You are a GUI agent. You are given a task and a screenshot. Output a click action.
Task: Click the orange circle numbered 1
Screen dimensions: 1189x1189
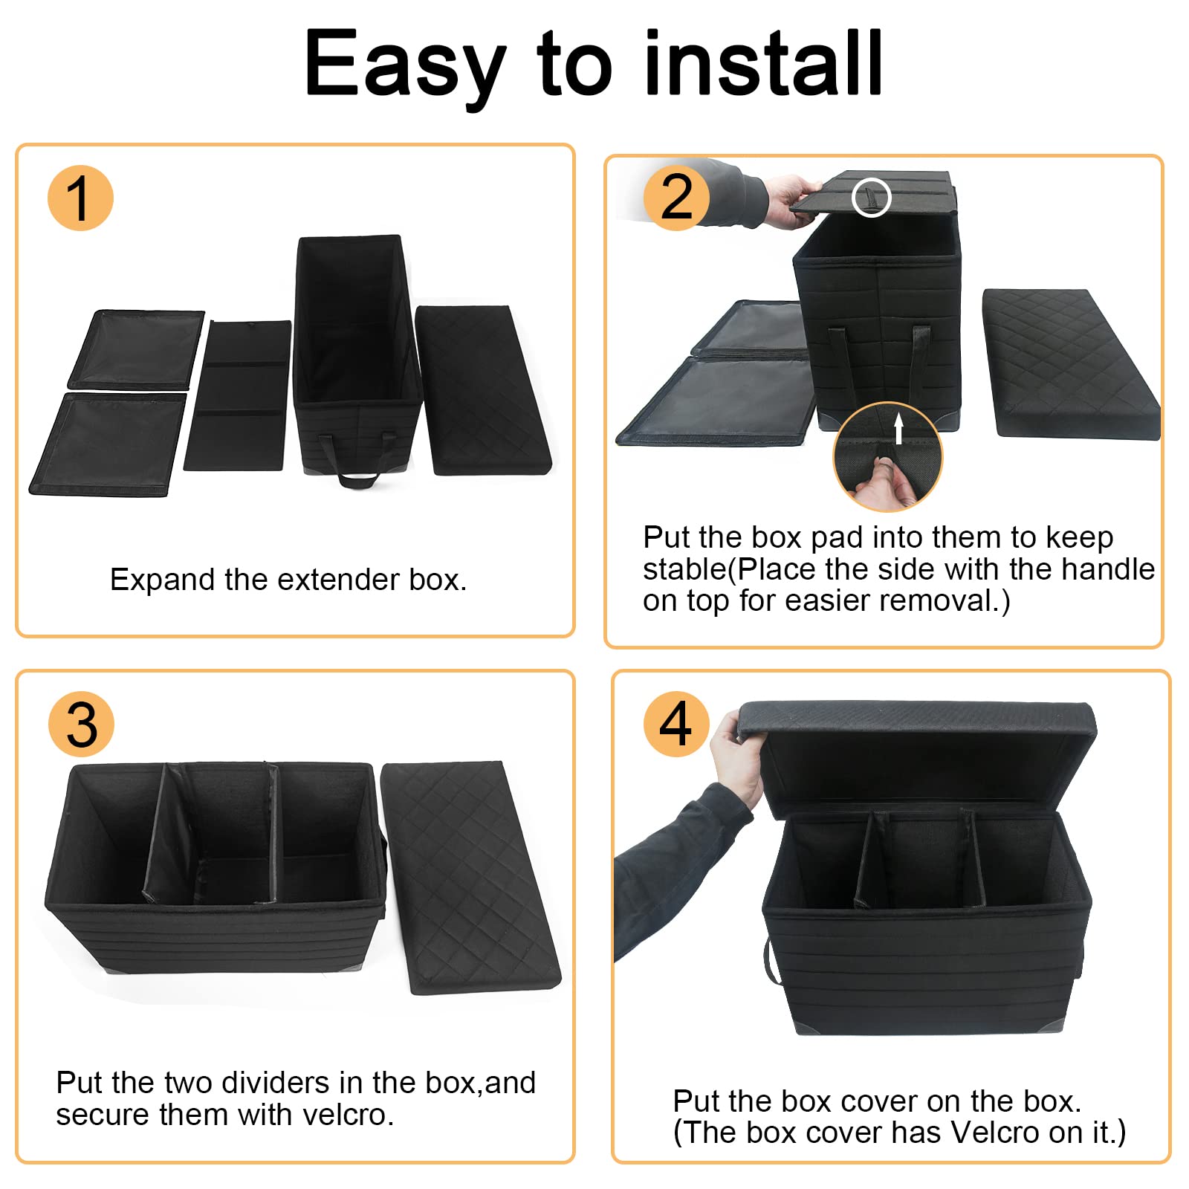(80, 198)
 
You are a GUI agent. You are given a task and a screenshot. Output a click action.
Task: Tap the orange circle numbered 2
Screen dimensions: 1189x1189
(676, 198)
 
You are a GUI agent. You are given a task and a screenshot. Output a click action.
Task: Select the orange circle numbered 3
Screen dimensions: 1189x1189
(81, 724)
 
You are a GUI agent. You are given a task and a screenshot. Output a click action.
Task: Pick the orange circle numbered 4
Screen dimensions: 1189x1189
(676, 724)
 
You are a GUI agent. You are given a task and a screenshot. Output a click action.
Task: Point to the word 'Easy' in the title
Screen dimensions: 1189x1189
(406, 68)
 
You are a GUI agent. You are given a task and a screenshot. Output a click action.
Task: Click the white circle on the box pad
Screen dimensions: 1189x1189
(871, 198)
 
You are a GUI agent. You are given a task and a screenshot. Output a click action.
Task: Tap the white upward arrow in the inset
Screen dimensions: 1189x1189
(898, 428)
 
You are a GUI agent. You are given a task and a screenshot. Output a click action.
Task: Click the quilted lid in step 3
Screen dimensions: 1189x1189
(470, 877)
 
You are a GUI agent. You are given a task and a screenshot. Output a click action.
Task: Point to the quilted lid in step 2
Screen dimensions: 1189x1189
(1070, 364)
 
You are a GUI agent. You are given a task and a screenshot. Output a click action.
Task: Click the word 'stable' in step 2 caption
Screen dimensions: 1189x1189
(684, 569)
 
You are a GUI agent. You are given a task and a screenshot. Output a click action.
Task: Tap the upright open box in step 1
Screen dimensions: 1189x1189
(355, 357)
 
